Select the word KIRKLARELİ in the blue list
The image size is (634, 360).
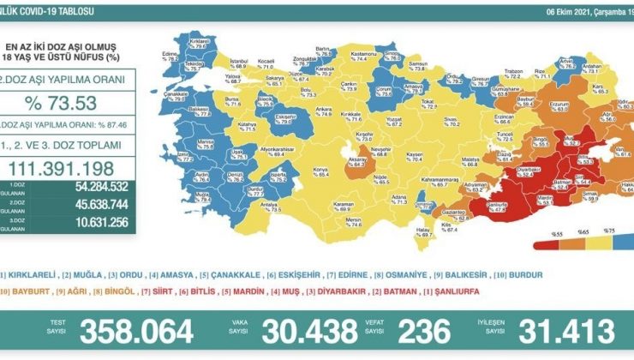coord(28,274)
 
